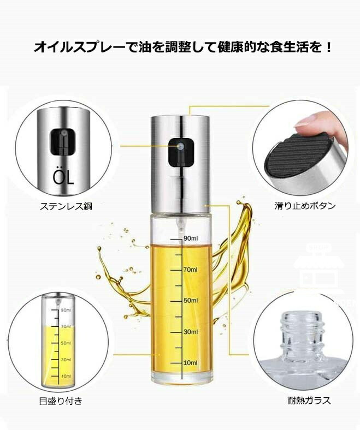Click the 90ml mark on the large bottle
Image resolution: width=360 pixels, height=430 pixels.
191,238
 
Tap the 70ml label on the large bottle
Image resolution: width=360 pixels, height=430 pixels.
191,270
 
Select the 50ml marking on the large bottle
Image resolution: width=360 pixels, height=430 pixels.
191,300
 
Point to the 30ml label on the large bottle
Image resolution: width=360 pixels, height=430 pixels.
191,332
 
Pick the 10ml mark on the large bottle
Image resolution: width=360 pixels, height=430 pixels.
191,363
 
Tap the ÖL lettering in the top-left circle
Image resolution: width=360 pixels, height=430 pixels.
63,178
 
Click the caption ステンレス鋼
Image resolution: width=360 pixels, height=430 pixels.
66,206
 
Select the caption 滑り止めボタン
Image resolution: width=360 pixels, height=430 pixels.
305,205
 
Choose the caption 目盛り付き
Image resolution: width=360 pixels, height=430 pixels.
61,401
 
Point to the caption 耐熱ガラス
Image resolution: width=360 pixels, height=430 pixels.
309,401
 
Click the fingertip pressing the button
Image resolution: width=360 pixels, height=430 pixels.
308,123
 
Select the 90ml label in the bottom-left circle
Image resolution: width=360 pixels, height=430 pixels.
66,310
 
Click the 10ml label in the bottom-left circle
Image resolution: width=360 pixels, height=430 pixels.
66,376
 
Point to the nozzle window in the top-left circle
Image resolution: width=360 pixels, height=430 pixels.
62,141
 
